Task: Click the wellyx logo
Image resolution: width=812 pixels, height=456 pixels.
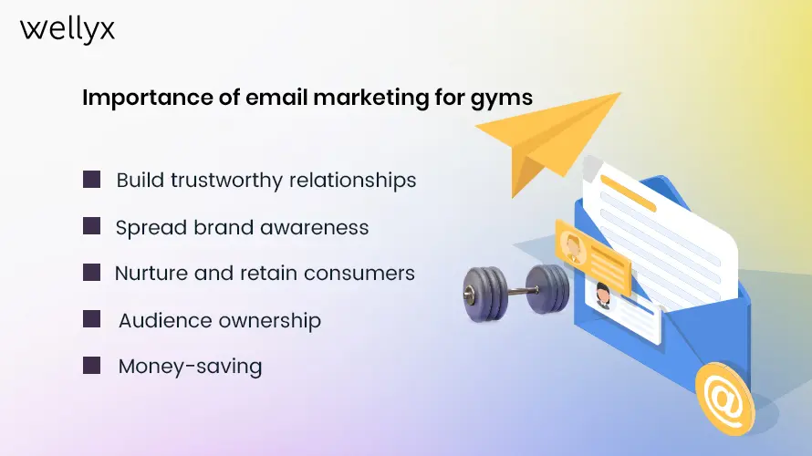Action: click(68, 29)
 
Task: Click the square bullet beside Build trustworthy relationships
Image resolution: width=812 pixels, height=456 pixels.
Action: click(91, 179)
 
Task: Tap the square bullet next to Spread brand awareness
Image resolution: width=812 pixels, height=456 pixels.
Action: click(91, 226)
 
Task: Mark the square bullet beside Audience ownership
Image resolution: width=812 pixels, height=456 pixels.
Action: click(91, 319)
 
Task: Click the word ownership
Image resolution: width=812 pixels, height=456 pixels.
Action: click(271, 321)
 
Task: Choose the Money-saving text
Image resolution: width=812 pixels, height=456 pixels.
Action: click(190, 368)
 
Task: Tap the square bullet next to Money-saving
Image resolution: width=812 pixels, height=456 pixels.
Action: click(91, 366)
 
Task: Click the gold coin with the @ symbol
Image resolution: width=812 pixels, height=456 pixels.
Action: click(724, 398)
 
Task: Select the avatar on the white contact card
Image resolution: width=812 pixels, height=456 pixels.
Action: click(603, 294)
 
